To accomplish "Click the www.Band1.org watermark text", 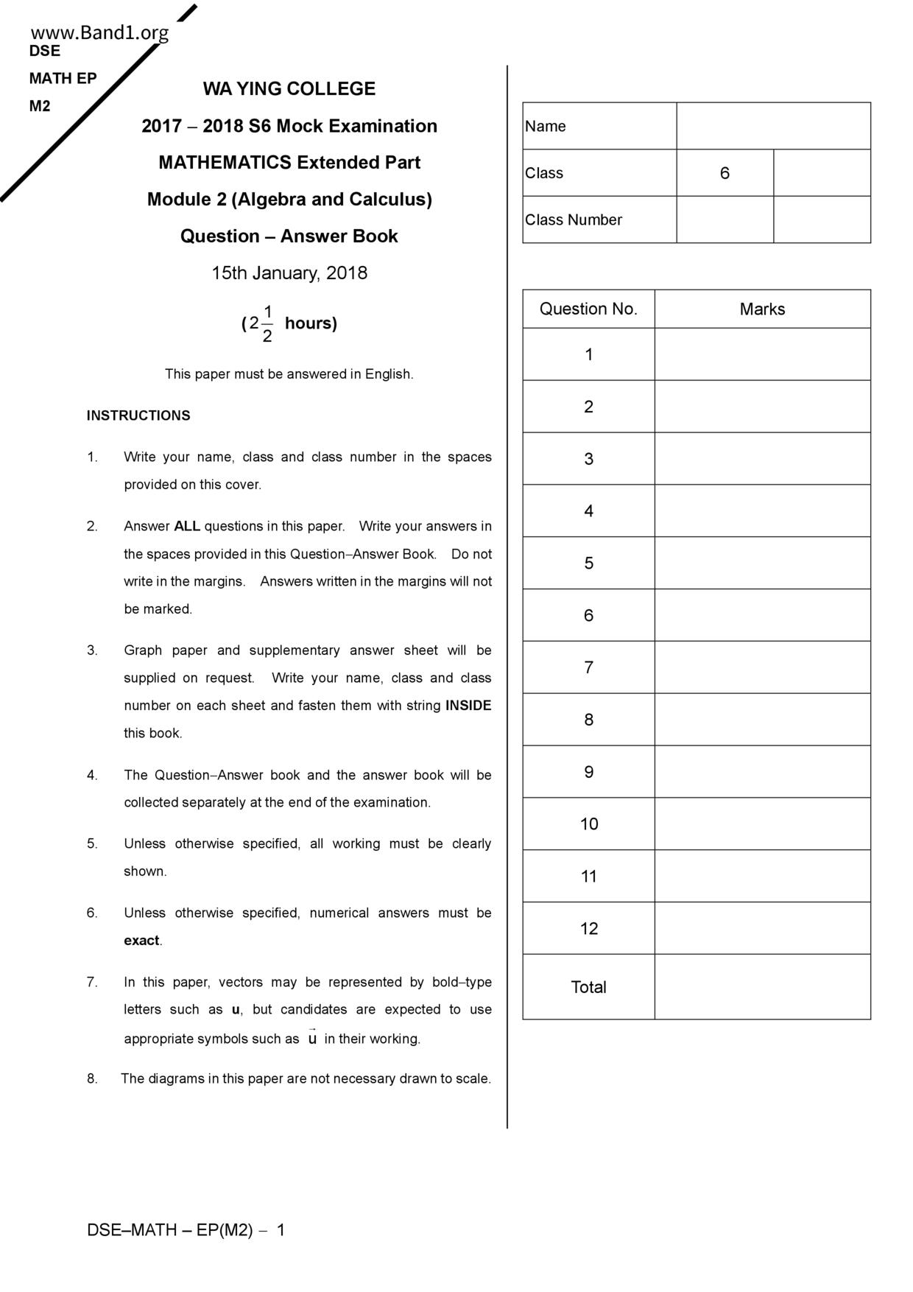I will pyautogui.click(x=99, y=33).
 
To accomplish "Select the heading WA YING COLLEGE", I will pyautogui.click(x=289, y=89).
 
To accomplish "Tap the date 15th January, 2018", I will pyautogui.click(x=289, y=273).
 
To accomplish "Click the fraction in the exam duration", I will pyautogui.click(x=267, y=323).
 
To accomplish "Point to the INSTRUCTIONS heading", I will pyautogui.click(x=138, y=415).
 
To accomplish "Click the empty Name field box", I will pyautogui.click(x=773, y=126).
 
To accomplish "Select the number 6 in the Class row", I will pyautogui.click(x=725, y=173).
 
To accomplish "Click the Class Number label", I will pyautogui.click(x=574, y=220).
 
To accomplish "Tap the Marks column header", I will pyautogui.click(x=762, y=309).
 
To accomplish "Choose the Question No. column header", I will pyautogui.click(x=588, y=309).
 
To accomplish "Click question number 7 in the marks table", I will pyautogui.click(x=588, y=667).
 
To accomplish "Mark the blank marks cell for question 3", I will pyautogui.click(x=762, y=459).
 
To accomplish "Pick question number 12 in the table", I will pyautogui.click(x=588, y=929).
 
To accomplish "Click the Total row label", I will pyautogui.click(x=588, y=987).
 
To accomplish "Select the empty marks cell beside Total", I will pyautogui.click(x=762, y=987).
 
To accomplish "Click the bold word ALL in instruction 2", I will pyautogui.click(x=187, y=527).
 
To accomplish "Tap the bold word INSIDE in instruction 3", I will pyautogui.click(x=468, y=706).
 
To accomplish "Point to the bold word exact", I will pyautogui.click(x=141, y=941).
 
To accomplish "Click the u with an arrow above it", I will pyautogui.click(x=312, y=1038).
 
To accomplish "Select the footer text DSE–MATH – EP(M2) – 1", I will pyautogui.click(x=186, y=1230).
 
